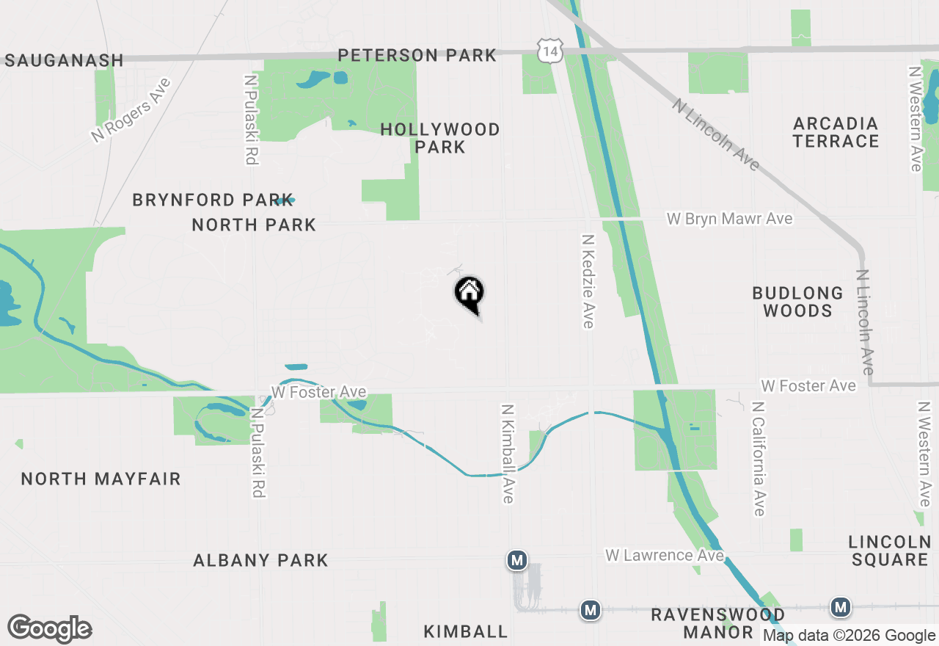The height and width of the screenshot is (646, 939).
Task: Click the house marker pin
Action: (x=469, y=293)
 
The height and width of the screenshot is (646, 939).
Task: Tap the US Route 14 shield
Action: (x=549, y=50)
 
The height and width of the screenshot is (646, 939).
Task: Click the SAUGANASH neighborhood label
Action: (x=64, y=60)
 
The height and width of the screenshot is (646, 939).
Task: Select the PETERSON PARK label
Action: (x=417, y=55)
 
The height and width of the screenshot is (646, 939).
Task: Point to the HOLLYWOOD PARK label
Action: (x=440, y=138)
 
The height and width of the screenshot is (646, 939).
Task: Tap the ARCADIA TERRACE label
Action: (x=836, y=132)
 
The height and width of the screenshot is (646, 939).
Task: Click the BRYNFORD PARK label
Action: (x=213, y=200)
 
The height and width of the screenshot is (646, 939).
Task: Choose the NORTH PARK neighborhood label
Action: (x=254, y=225)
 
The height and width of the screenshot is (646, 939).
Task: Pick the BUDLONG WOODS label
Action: (x=797, y=302)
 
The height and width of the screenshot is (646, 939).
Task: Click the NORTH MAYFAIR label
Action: (x=101, y=479)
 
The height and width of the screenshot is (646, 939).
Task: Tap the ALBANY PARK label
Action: (x=260, y=560)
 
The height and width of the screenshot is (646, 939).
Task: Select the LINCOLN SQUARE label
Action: (x=889, y=551)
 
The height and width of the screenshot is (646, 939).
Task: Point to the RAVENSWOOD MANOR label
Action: (x=718, y=623)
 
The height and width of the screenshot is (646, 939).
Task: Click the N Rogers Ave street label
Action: (x=131, y=110)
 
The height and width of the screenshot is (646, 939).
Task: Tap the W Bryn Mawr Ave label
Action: (x=729, y=219)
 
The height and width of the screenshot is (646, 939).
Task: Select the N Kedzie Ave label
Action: (x=588, y=281)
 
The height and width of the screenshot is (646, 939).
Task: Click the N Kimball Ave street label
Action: (x=508, y=453)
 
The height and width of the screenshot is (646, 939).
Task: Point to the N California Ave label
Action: (x=759, y=458)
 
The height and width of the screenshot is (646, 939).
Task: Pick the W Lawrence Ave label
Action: (x=664, y=555)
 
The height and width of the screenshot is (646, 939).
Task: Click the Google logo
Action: (x=50, y=628)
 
